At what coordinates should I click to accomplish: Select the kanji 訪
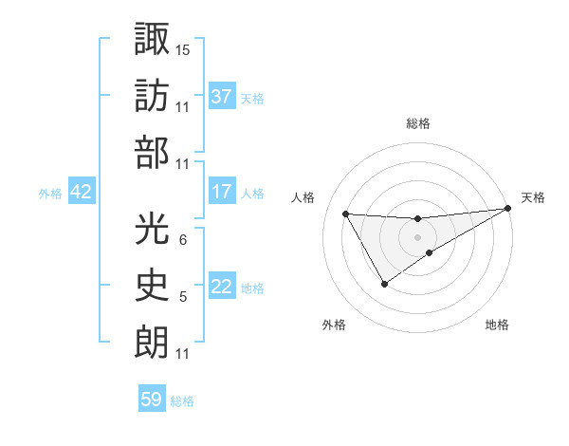152,95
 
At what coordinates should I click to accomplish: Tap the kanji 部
152,154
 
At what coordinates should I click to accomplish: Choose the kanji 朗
152,344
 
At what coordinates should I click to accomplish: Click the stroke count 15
183,48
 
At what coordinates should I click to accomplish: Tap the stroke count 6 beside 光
182,239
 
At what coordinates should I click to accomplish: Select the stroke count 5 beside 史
182,298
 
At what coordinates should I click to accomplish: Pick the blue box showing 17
222,192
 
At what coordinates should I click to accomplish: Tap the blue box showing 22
222,288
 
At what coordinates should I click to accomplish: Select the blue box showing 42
82,192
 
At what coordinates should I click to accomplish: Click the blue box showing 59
152,400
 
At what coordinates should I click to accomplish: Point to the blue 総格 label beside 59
182,401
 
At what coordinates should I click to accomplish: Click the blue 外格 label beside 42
50,193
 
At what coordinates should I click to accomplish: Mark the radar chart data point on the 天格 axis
508,209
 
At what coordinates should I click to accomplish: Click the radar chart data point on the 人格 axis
345,214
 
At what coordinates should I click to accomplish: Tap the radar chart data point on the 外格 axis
384,284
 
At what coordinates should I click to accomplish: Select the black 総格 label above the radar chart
418,123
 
